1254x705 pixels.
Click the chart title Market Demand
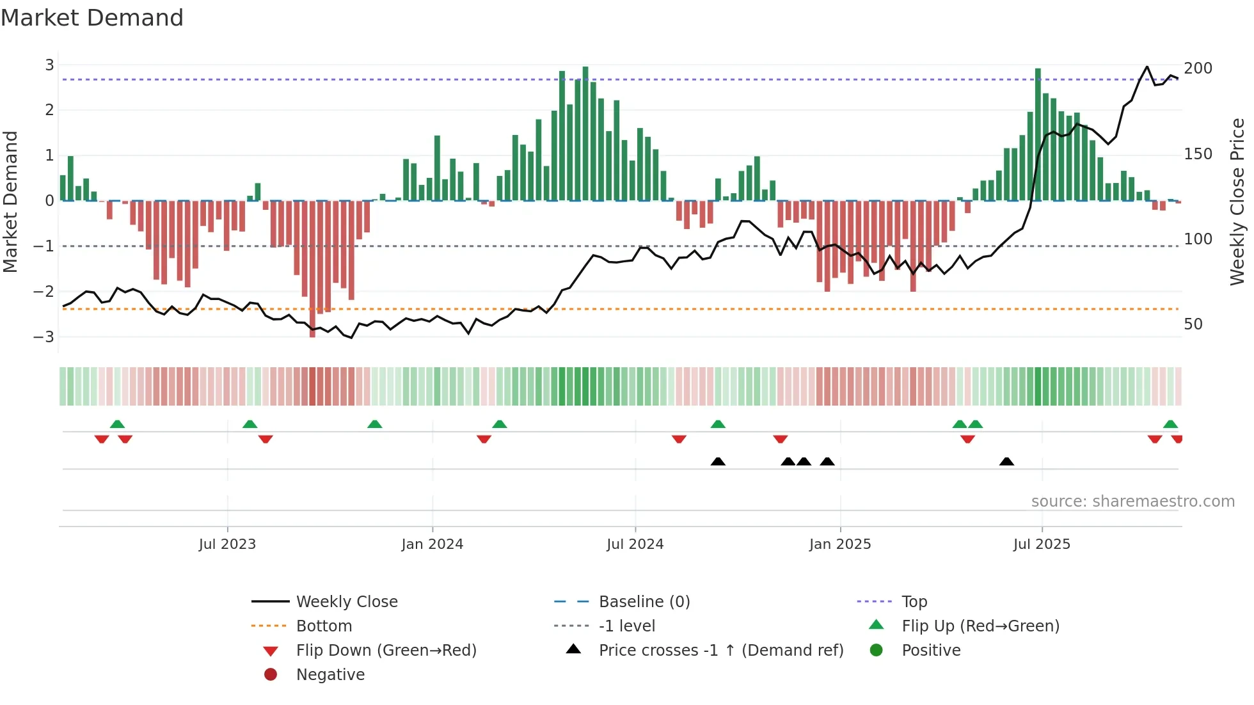[92, 18]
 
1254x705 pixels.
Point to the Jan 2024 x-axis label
[432, 544]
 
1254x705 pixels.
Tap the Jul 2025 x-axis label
[1042, 544]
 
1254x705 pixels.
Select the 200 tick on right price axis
[1198, 68]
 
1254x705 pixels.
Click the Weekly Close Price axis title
[1237, 202]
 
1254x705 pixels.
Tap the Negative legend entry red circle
[271, 675]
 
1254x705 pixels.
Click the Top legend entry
[914, 602]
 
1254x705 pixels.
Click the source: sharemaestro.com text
[1132, 502]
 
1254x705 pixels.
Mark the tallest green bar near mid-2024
[585, 133]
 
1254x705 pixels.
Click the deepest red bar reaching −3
[312, 269]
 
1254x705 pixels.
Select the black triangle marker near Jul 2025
[1006, 462]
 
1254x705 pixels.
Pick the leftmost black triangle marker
[718, 462]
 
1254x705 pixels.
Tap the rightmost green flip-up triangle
[1170, 424]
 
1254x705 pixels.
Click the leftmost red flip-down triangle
[102, 439]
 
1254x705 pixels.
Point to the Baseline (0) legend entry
[644, 602]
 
